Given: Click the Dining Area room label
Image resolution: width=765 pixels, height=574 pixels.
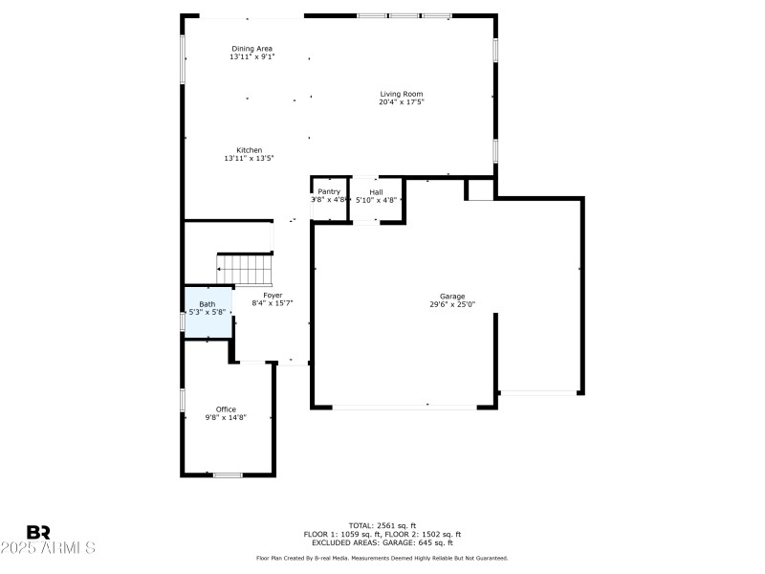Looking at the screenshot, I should tap(252, 48).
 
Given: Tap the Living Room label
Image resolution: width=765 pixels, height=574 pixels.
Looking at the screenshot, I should tap(401, 94).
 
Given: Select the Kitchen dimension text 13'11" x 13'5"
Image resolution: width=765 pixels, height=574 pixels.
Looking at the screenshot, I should tap(250, 159).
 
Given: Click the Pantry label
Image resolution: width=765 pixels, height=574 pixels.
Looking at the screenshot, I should tap(329, 192).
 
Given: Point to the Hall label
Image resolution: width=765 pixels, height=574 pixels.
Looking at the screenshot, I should tap(376, 192).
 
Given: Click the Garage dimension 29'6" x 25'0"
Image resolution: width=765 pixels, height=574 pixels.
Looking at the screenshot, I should tap(452, 304).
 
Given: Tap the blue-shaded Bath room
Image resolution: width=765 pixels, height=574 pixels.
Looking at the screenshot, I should tap(208, 312).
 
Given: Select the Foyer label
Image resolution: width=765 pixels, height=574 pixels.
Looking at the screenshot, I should tap(273, 295).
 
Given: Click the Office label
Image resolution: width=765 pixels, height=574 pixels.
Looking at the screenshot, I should tap(226, 409).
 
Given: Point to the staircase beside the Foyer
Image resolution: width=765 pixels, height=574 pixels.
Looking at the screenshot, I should tap(246, 268).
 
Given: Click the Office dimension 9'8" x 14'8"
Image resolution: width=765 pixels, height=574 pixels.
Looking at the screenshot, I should tap(226, 417).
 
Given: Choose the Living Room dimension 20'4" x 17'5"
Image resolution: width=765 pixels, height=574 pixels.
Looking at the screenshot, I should tap(401, 101).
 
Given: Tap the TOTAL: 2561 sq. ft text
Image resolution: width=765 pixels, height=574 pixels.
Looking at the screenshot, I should tap(382, 525).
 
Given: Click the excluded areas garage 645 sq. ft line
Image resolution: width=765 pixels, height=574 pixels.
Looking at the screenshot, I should tap(382, 542).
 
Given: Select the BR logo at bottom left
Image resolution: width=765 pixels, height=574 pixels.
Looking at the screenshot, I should tap(39, 532).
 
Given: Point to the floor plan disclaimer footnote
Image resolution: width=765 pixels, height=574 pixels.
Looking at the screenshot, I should tap(382, 558).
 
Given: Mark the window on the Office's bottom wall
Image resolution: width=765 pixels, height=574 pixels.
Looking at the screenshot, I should tap(228, 475).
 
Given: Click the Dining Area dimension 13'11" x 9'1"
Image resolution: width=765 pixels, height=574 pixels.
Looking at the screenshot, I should tap(252, 56).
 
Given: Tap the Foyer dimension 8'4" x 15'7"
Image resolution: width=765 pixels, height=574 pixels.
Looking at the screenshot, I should tap(273, 302).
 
